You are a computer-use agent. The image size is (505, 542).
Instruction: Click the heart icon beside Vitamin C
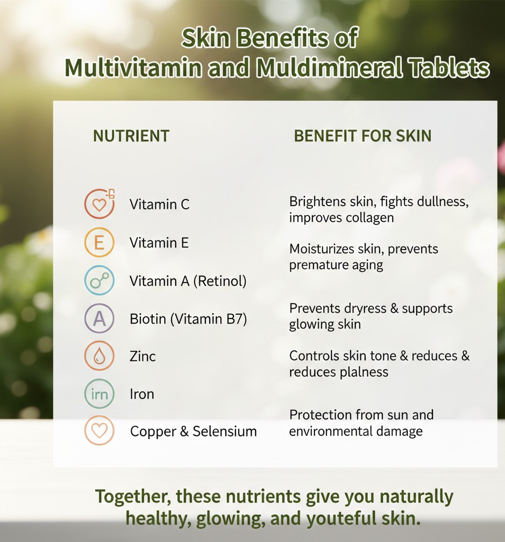99,203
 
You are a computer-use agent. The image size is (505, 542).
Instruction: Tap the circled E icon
99,242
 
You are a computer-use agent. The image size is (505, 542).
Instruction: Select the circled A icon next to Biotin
99,318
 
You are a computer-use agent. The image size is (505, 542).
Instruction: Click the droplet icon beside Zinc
99,356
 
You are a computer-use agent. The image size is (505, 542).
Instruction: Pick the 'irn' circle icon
99,393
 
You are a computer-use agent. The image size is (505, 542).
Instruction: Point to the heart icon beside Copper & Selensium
99,431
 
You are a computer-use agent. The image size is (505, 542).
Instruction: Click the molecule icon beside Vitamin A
99,280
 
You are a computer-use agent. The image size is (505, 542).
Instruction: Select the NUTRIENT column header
131,136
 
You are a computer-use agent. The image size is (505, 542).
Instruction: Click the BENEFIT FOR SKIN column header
362,136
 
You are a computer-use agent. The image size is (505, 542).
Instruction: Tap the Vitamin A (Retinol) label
188,281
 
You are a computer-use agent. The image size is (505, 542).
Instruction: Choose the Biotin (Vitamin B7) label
188,319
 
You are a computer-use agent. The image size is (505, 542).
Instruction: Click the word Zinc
143,356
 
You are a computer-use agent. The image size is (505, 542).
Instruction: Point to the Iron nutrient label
142,394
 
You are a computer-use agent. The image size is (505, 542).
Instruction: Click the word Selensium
224,431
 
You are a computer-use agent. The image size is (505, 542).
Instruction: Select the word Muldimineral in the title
330,67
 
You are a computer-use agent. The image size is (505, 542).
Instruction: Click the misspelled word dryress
362,309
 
